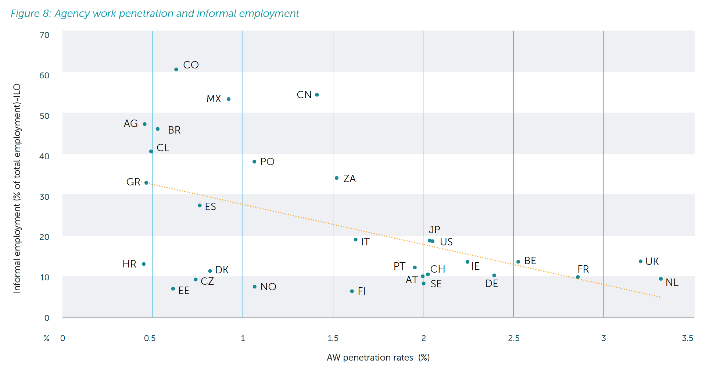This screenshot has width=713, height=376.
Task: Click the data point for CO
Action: pos(176,70)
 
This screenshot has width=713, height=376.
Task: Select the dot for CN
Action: pos(317,95)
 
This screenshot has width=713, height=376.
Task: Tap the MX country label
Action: pos(214,99)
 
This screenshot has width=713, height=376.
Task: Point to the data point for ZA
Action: pos(337,178)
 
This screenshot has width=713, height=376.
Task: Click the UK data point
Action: pos(641,262)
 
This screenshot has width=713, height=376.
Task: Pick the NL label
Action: pos(672,283)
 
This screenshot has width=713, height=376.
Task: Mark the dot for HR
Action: pos(144,264)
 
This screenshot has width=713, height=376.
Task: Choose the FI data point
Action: pos(352,291)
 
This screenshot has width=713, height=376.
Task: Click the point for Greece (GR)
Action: pos(146,183)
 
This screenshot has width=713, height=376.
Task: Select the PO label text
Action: pos(267,162)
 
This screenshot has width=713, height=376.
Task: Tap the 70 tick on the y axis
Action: pos(44,35)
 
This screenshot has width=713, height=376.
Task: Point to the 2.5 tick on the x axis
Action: pos(514,338)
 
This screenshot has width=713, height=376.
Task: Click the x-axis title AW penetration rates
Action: pos(378,358)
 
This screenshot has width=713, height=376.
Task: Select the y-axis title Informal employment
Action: pos(17,188)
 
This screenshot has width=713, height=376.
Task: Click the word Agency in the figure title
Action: pos(72,14)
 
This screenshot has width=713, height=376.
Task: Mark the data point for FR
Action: pos(578,277)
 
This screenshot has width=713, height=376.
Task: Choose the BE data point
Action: pos(518,262)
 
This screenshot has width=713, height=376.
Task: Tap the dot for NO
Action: pos(254,287)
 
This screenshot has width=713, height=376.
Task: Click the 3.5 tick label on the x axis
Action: pos(687,338)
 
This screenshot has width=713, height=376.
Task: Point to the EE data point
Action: pos(173,289)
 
